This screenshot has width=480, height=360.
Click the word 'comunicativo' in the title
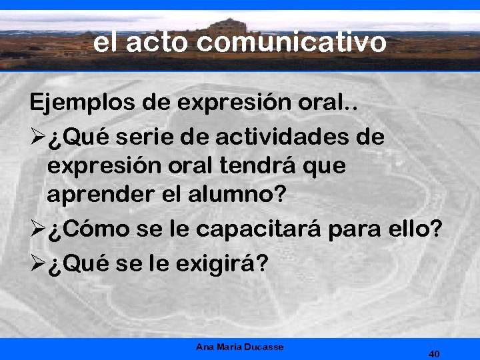(x=292, y=43)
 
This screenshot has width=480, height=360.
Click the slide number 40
(x=434, y=353)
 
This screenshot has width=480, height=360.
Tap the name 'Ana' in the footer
(x=205, y=347)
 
